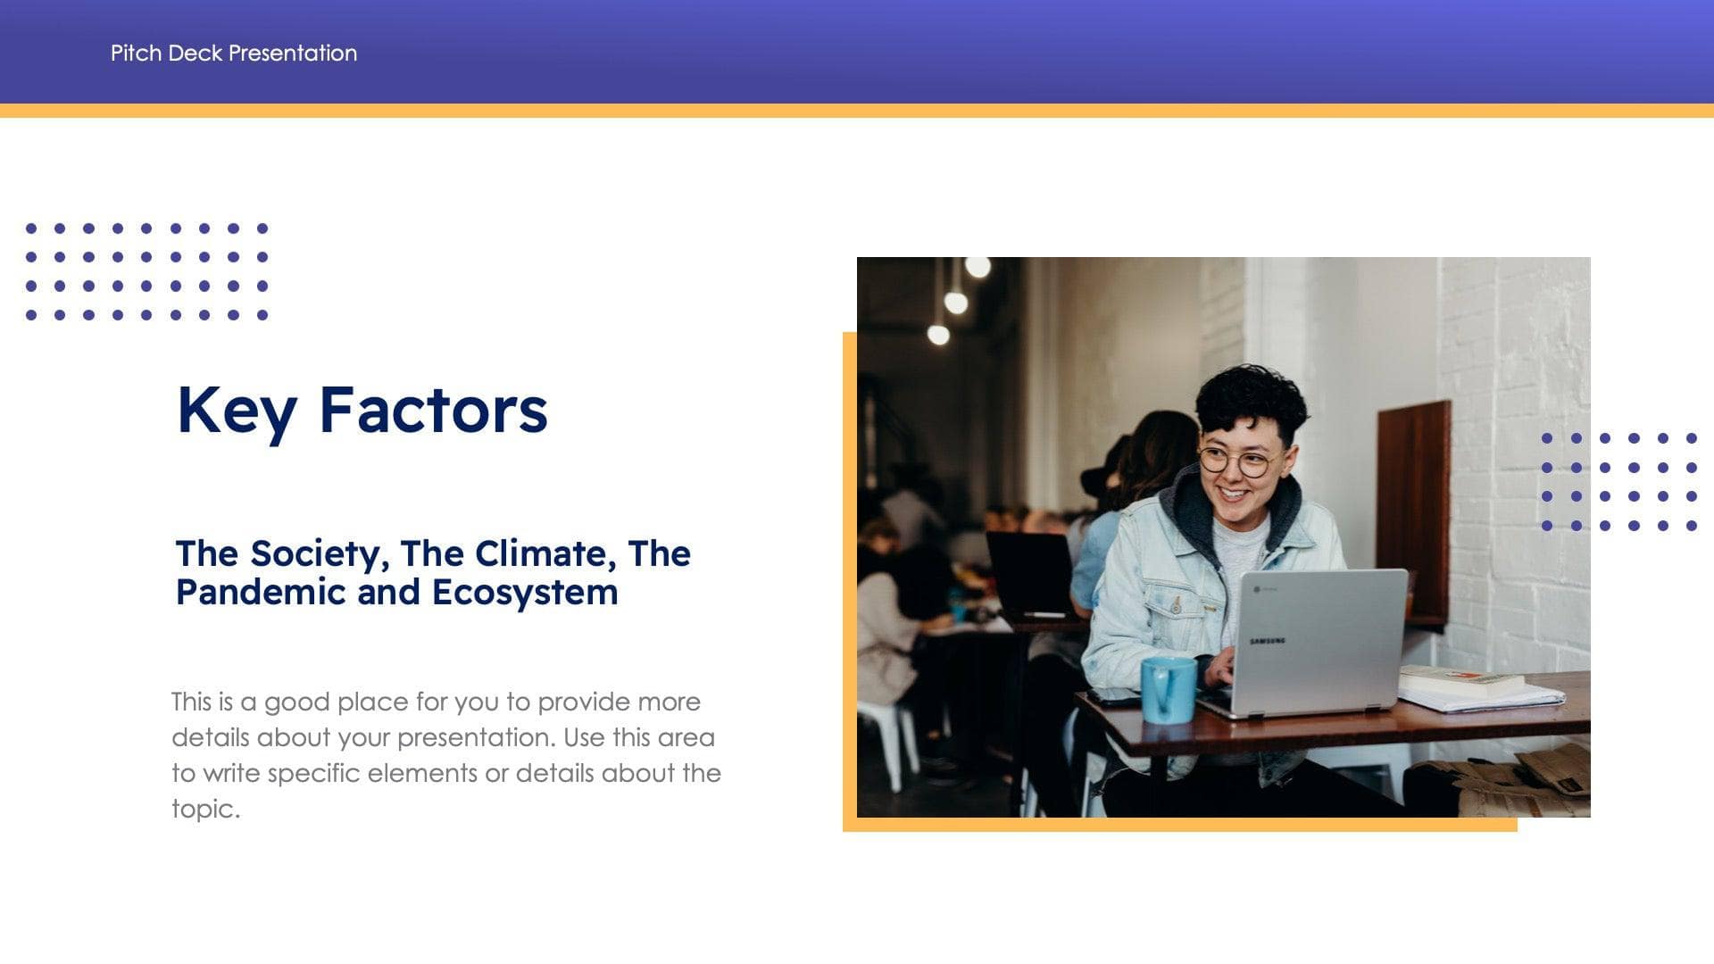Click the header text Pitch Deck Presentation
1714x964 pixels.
[234, 53]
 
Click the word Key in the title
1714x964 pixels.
[237, 411]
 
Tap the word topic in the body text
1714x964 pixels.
[204, 810]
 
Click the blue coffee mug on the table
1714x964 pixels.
[1168, 689]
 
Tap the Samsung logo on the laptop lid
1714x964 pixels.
[1268, 641]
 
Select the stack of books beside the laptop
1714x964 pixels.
[1464, 684]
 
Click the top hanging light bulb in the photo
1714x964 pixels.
[978, 267]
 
